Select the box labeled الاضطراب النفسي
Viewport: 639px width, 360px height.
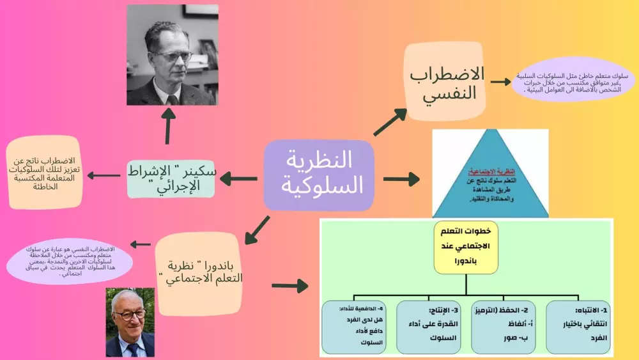(x=443, y=82)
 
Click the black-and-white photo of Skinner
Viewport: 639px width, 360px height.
(x=173, y=55)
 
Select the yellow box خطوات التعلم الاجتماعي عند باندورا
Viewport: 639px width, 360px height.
(x=465, y=246)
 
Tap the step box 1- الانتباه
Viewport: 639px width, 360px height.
(x=578, y=327)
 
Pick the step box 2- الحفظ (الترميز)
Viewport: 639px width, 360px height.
(x=504, y=327)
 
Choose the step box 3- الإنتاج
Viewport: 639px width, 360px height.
(x=428, y=327)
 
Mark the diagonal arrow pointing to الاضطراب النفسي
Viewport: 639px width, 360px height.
(x=390, y=122)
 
